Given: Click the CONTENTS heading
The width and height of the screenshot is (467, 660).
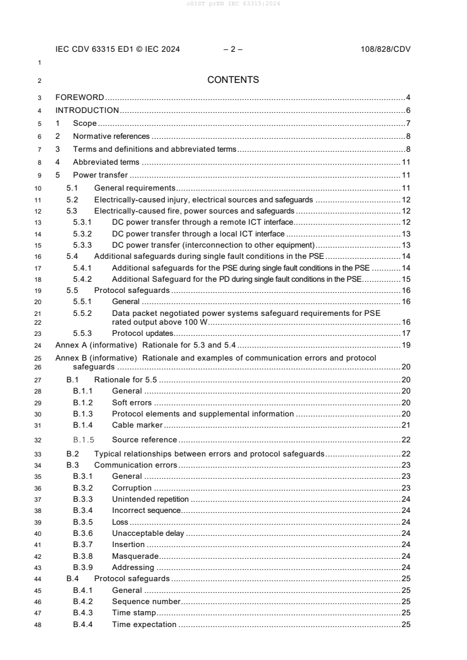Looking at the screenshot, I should click(233, 80).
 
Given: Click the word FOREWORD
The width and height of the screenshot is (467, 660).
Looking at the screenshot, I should click(79, 97).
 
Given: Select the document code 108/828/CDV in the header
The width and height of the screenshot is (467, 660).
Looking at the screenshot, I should click(385, 49).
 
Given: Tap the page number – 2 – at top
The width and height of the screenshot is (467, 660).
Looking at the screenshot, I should click(233, 49).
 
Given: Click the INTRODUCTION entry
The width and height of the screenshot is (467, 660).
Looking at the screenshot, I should click(87, 110).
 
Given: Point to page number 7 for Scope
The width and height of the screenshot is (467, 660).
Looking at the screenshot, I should click(408, 124).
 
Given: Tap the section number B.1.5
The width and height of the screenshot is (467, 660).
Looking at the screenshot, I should click(84, 439).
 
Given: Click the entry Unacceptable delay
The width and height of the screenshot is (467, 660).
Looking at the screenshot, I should click(148, 534).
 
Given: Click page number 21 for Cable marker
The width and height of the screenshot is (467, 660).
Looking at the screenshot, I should click(406, 425).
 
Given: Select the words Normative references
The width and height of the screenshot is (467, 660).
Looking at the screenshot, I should click(111, 136).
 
